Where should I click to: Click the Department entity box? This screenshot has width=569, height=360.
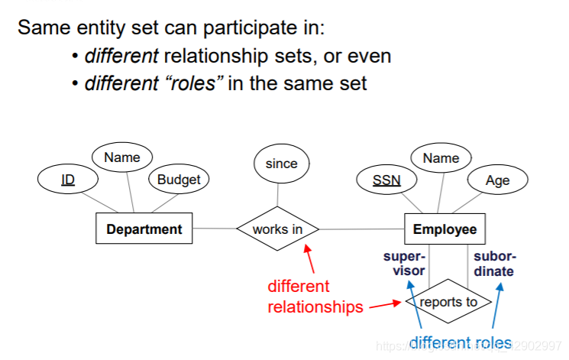[x=144, y=229]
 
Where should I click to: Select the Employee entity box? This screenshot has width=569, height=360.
[x=445, y=229]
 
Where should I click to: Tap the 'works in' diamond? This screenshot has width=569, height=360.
[x=276, y=229]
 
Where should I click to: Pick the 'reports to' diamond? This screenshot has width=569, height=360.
[x=449, y=302]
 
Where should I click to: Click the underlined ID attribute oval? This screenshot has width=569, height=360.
[x=68, y=180]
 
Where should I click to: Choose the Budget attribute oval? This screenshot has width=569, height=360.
[x=178, y=180]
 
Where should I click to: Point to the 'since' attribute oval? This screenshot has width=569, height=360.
[x=281, y=163]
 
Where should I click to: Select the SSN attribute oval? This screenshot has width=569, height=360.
[x=386, y=180]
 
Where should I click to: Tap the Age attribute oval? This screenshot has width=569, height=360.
[x=497, y=180]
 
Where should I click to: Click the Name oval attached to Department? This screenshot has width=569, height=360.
[x=122, y=157]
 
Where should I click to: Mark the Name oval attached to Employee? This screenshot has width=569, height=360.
[x=441, y=158]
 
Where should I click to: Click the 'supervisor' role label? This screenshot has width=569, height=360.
[x=404, y=264]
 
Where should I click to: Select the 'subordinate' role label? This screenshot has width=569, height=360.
[x=494, y=264]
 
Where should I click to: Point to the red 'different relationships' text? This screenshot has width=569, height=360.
[x=315, y=297]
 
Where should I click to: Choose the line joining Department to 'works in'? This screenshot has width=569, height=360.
[x=214, y=229]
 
